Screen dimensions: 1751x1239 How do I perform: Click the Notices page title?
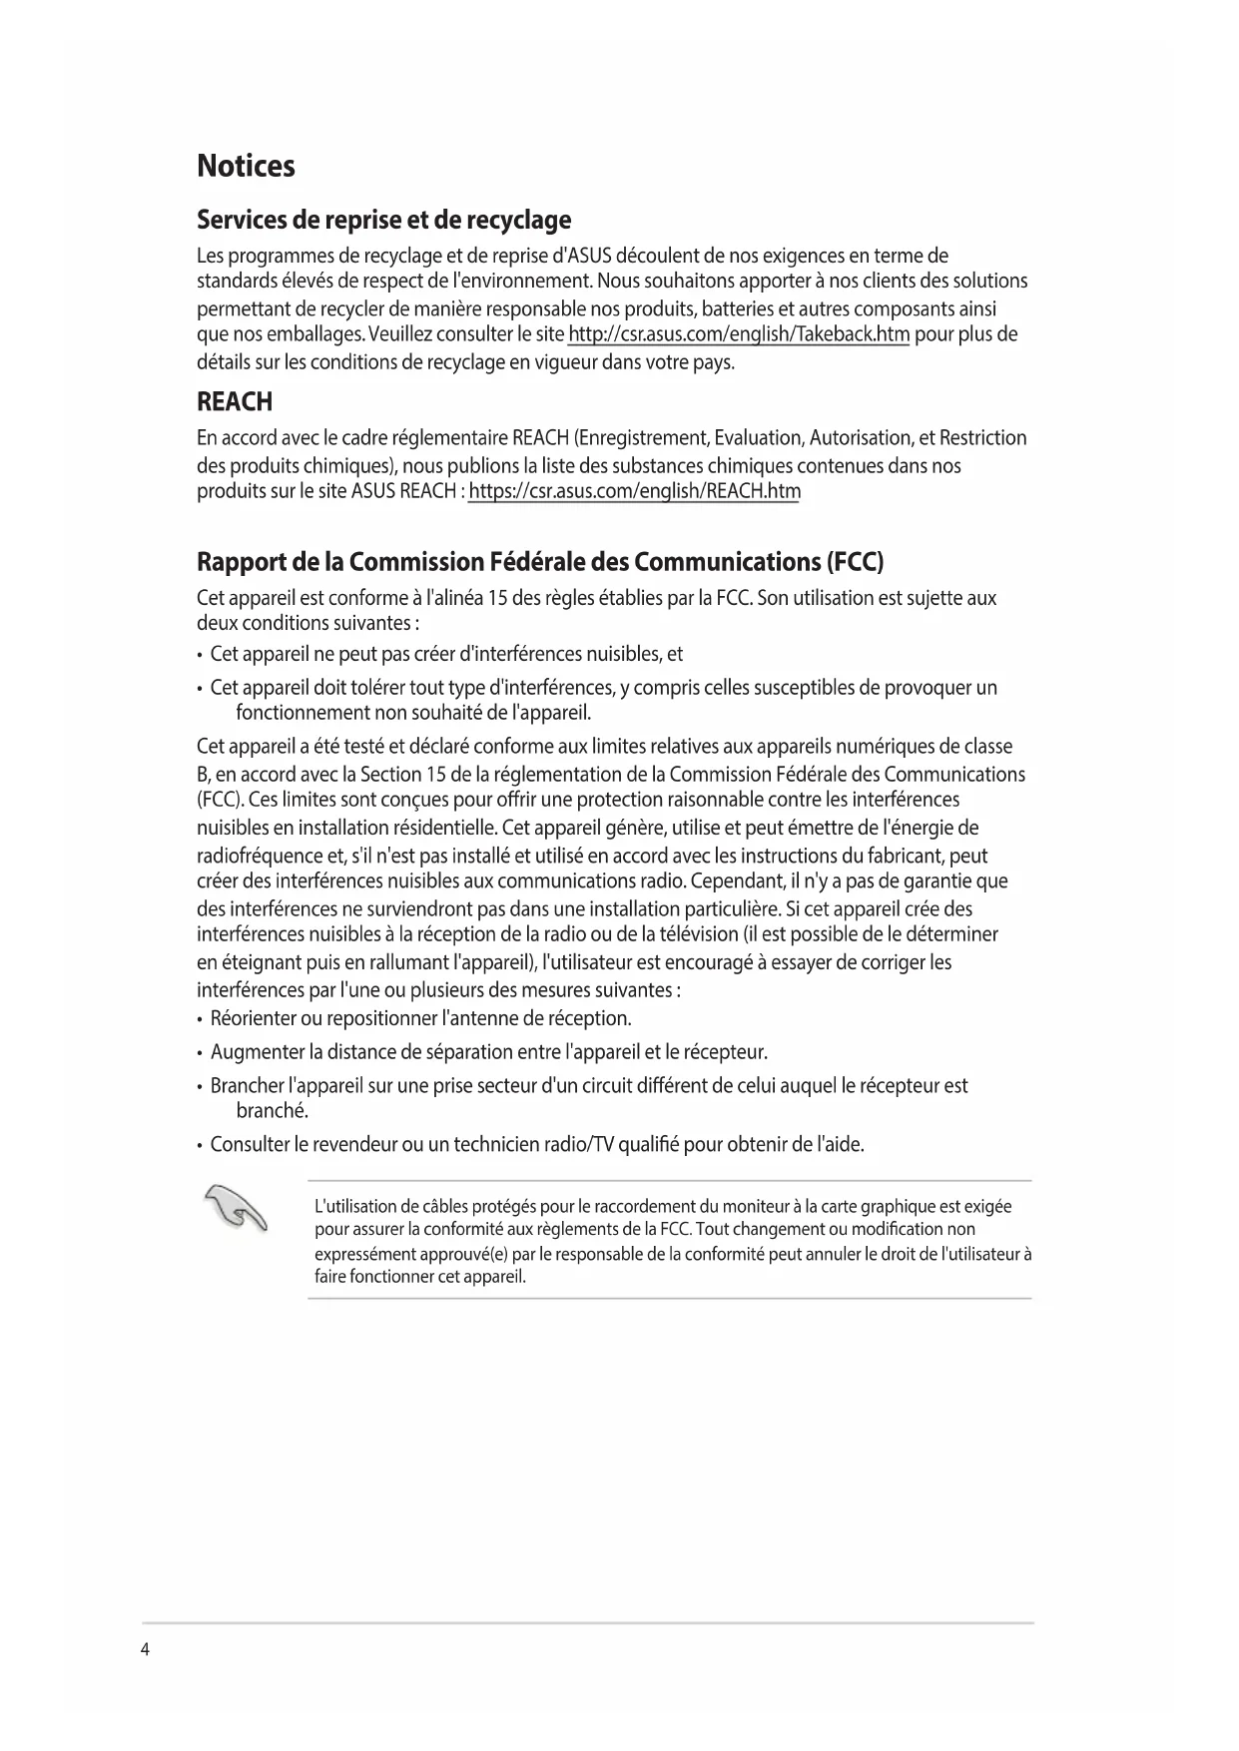coord(246,166)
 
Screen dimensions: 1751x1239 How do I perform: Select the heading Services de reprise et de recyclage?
coord(383,220)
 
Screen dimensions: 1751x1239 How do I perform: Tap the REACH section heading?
coord(235,402)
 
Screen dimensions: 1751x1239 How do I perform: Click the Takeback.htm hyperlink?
coord(738,334)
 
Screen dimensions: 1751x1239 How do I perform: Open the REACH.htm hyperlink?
coord(634,491)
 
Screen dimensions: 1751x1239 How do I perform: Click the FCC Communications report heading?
coord(540,562)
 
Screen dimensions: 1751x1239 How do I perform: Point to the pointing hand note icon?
coord(236,1208)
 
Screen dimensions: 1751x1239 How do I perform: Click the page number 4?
coord(145,1648)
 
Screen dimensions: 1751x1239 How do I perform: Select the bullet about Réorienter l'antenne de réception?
coord(420,1018)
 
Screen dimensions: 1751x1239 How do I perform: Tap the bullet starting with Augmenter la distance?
coord(488,1052)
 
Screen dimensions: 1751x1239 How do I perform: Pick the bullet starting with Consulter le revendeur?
coord(536,1144)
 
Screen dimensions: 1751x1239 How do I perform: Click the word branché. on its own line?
coord(272,1111)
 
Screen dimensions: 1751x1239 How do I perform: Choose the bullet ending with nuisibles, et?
coord(446,654)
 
